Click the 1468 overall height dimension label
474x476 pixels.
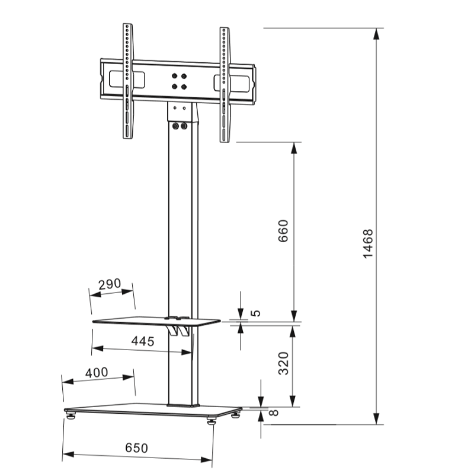[368, 243]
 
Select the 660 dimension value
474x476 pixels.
[283, 231]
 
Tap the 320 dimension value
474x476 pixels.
[283, 363]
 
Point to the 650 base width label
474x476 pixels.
[136, 448]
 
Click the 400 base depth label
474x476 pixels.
[96, 372]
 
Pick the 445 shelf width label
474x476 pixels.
[143, 341]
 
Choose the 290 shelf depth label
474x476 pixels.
[110, 284]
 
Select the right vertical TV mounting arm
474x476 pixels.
[224, 84]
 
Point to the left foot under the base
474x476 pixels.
[72, 417]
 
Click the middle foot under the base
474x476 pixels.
[212, 423]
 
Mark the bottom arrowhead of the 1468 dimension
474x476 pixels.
[376, 419]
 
